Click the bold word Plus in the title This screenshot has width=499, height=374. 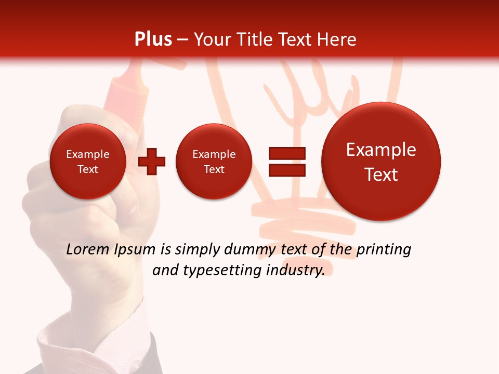click(x=153, y=39)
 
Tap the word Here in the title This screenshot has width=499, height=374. click(x=336, y=39)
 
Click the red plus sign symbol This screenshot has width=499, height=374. click(x=152, y=162)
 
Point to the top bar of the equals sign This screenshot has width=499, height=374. click(x=287, y=153)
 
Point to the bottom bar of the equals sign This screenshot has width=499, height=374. click(x=287, y=170)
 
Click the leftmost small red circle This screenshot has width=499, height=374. click(x=88, y=161)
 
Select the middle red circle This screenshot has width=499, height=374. click(x=214, y=161)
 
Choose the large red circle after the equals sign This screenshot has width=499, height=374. click(x=381, y=161)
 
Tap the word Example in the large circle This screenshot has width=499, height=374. click(x=381, y=150)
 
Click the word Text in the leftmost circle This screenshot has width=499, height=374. click(x=88, y=169)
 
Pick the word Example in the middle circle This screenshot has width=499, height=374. click(x=214, y=154)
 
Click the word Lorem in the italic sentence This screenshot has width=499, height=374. click(x=87, y=250)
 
